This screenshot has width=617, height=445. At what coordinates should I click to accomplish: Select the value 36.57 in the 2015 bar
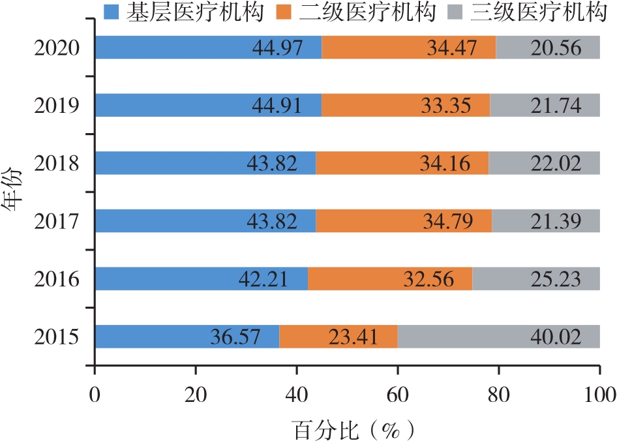(235, 337)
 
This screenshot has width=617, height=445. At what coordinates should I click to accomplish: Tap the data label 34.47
(451, 48)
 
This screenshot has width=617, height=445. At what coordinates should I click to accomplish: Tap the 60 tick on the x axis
(398, 395)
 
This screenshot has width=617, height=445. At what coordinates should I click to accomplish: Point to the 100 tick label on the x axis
(599, 395)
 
